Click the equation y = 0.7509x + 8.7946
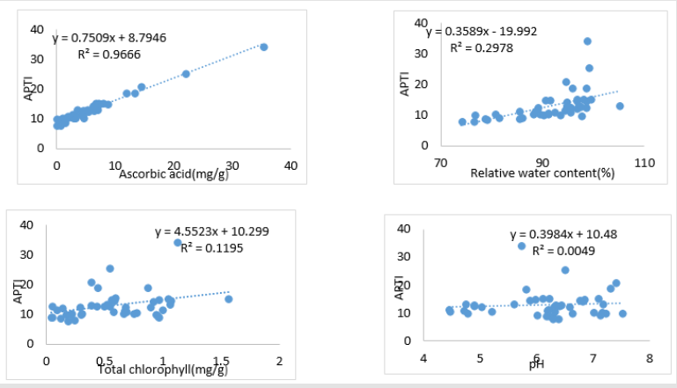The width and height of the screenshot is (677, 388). tap(109, 38)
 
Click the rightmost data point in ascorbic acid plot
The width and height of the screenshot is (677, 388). tap(263, 47)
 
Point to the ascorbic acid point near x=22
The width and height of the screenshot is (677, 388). tap(186, 74)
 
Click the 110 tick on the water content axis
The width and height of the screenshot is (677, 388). tap(644, 163)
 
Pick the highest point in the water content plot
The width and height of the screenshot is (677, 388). tap(588, 41)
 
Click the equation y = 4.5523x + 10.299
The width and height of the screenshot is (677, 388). tap(211, 232)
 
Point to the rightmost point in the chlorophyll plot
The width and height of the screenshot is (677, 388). tap(229, 299)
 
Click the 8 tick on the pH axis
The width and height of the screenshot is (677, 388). tap(649, 359)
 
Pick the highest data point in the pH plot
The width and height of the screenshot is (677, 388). tap(522, 246)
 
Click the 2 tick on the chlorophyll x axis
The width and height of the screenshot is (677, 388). tap(280, 361)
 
